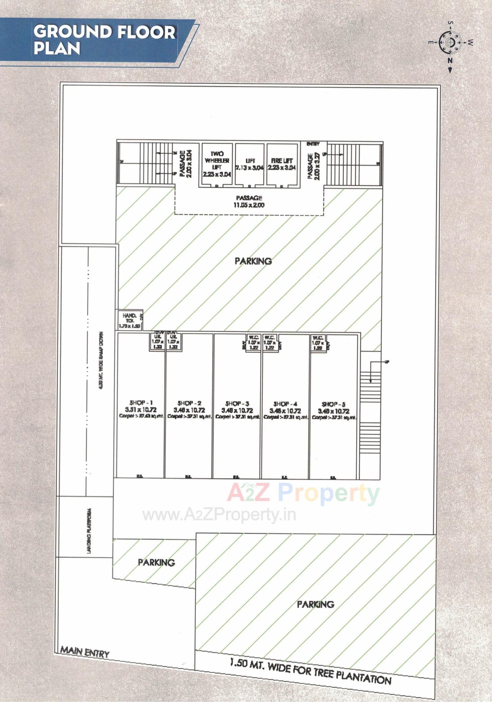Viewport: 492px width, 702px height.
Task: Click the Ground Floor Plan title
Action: (104, 40)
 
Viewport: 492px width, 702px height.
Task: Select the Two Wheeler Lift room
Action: (217, 164)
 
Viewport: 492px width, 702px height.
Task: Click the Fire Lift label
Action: (282, 161)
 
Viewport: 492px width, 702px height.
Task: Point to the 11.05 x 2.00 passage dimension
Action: (249, 205)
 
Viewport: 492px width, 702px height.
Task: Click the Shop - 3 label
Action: (237, 403)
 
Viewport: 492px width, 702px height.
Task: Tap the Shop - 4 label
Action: (285, 404)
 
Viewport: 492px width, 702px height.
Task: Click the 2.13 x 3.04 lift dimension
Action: (250, 168)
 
